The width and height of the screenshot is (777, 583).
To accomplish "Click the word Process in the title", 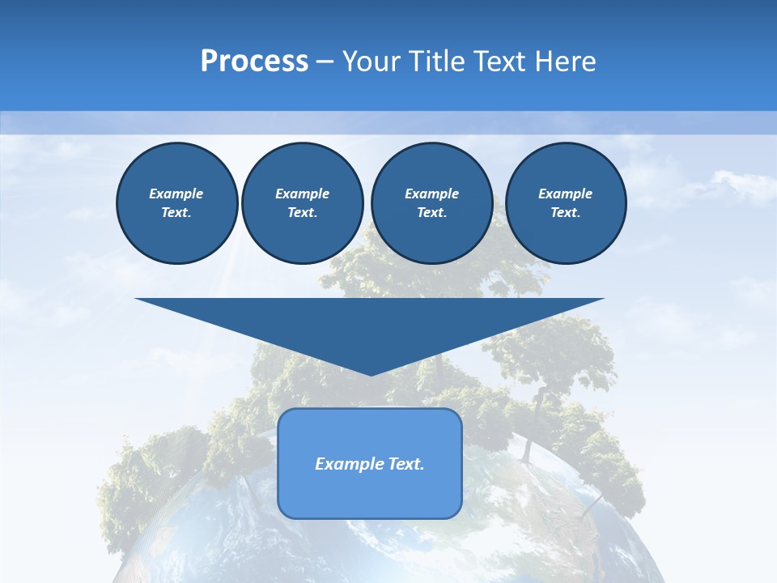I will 254,62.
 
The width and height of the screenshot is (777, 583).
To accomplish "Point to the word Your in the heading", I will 372,62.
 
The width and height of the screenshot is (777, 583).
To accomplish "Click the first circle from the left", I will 176,202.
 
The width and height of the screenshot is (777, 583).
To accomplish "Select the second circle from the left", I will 302,202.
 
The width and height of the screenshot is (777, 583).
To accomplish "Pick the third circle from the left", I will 431,202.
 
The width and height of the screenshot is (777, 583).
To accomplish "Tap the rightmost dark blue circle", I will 565,202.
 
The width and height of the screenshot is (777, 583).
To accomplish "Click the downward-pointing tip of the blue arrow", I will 371,372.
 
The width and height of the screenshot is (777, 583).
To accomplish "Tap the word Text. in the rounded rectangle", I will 406,464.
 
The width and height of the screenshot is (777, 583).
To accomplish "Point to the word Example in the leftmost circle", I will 176,194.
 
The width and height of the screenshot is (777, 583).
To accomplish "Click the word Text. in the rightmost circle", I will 565,212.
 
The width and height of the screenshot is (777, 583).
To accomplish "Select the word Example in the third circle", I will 431,194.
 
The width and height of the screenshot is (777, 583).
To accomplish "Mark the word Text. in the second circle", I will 302,212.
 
